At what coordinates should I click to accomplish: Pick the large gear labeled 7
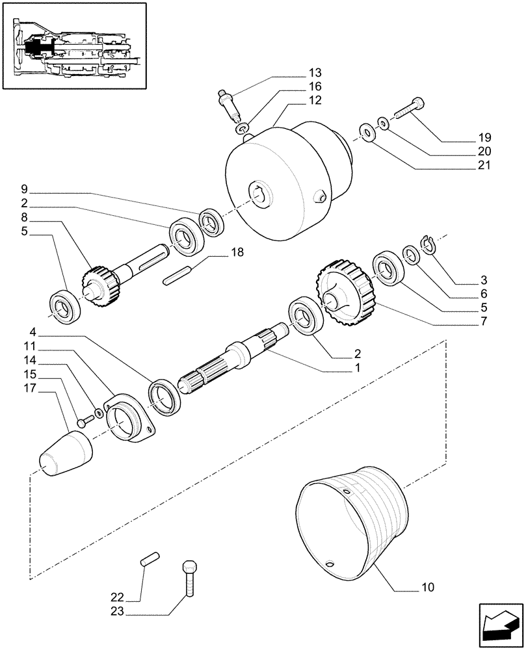tap(343, 292)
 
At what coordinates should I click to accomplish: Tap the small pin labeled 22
tap(150, 560)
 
